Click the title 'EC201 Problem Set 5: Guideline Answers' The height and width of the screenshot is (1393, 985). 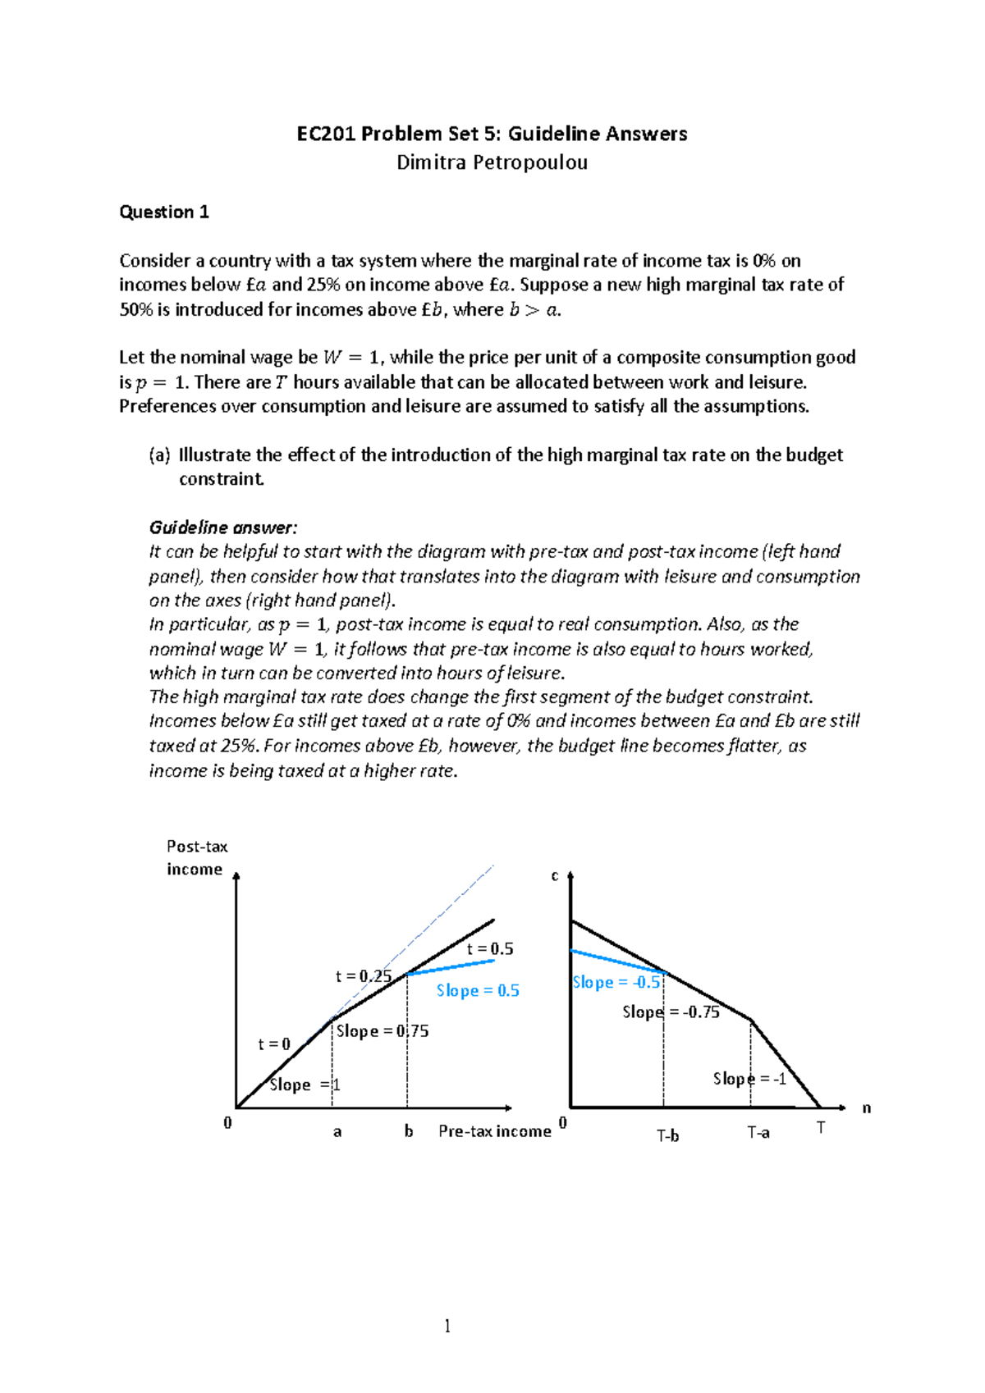pos(492,134)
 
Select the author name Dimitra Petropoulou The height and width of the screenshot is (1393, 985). pos(492,162)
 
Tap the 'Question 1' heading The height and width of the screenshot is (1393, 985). pos(164,212)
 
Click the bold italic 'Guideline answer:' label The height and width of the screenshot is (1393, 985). pos(223,528)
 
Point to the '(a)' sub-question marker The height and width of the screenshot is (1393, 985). pos(159,455)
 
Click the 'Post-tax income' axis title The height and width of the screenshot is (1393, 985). pos(196,857)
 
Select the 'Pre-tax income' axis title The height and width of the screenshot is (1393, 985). pos(494,1131)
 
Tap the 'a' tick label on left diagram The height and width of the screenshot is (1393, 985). pos(337,1132)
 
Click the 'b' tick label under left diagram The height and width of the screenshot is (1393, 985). pos(408,1131)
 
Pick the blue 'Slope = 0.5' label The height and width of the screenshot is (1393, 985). pos(478,991)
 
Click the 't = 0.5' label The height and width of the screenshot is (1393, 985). pos(490,949)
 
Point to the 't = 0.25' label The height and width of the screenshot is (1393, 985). pos(363,976)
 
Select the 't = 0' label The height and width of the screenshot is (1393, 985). pos(274,1044)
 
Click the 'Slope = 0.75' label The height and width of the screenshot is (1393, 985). pos(382,1031)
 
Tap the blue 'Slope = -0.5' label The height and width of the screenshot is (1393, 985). pos(616,983)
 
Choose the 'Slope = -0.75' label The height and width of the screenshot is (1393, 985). pos(671,1012)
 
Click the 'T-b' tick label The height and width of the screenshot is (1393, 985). pos(667,1136)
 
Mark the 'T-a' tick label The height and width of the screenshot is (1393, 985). pos(758,1133)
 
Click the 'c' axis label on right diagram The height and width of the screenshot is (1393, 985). pos(555,876)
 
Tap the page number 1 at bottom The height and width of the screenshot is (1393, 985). pos(447,1326)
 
